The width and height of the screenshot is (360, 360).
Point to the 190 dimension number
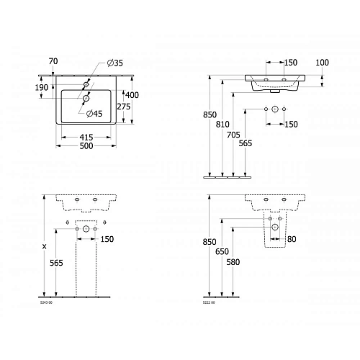pos(42,87)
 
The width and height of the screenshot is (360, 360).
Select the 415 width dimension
pos(85,137)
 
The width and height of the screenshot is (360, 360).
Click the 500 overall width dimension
pos(85,146)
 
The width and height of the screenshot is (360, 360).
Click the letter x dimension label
pos(45,247)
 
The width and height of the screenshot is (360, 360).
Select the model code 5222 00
pos(209,302)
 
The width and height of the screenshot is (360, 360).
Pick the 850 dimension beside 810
pos(210,113)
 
